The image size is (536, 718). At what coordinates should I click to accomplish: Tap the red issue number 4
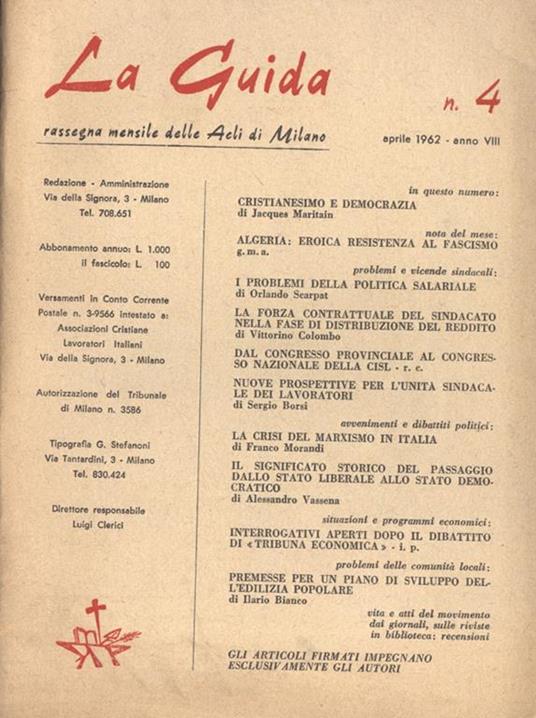click(x=487, y=98)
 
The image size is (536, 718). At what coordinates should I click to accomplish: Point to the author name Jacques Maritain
click(x=289, y=214)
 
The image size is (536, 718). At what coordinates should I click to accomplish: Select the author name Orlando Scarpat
click(x=288, y=295)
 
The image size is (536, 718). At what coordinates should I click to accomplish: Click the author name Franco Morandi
click(x=284, y=452)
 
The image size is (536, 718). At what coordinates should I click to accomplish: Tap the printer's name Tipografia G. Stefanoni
click(x=106, y=445)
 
